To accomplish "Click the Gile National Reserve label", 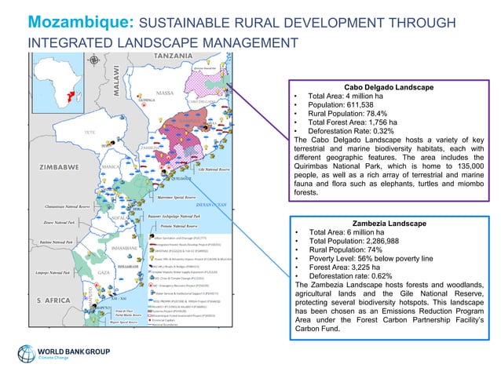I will pyautogui.click(x=213, y=169).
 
